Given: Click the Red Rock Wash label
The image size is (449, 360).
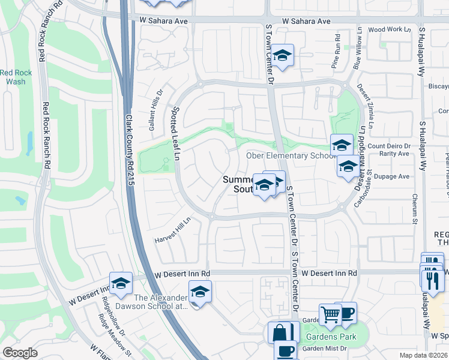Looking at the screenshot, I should click(16, 77).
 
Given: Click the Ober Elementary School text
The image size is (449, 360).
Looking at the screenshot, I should click(291, 156).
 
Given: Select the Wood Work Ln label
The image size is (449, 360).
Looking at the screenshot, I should click(390, 29).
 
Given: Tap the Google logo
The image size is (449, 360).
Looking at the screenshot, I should click(20, 353).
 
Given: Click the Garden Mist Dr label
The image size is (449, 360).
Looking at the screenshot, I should click(324, 348).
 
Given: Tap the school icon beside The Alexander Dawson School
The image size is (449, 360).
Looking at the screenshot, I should click(199, 292).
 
